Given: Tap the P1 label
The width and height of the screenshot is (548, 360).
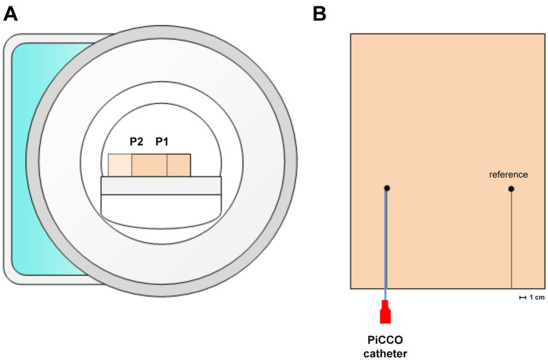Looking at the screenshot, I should click(162, 142).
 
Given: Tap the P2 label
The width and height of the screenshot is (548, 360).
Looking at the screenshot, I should click(136, 142).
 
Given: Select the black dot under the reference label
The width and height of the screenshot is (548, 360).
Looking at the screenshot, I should click(512, 189).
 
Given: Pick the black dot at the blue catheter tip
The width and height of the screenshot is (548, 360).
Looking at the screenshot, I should click(387, 189).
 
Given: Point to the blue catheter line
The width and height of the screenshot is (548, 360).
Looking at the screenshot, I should click(387, 247).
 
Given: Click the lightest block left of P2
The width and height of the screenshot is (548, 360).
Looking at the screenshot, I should click(120, 165).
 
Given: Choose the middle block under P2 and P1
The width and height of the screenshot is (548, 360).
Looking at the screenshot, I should click(149, 165).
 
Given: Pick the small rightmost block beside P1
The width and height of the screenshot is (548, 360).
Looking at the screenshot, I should click(179, 165).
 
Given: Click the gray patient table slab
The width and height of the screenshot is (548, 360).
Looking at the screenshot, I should click(160, 185).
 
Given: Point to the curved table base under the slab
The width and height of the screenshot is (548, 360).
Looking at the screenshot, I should click(160, 210).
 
